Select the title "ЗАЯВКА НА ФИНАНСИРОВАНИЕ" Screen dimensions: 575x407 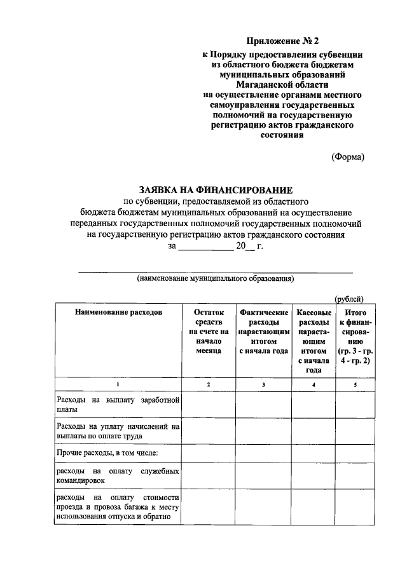[216, 189]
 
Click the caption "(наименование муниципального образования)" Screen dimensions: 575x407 [216, 278]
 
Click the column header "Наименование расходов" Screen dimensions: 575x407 [118, 313]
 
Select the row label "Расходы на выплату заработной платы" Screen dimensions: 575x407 [118, 405]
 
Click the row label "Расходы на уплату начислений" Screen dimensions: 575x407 [118, 431]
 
